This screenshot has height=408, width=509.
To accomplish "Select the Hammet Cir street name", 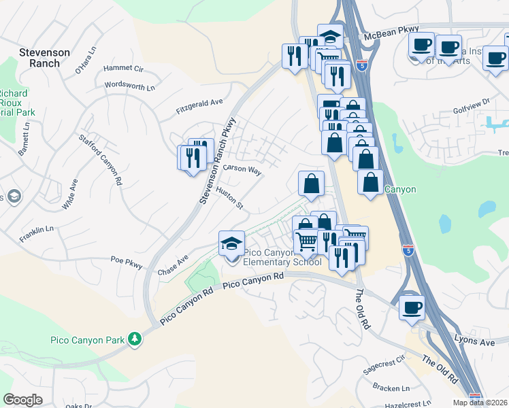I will tap(123, 69).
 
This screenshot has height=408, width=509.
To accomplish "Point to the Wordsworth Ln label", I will tap(130, 86).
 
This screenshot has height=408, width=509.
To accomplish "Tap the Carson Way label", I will tap(243, 169).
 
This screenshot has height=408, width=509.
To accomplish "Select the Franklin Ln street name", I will tap(37, 231).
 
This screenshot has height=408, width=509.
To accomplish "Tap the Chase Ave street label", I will tap(172, 265).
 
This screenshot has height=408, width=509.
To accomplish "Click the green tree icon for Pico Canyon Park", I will tap(135, 338).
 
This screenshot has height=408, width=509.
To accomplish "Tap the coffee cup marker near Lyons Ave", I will tap(412, 307).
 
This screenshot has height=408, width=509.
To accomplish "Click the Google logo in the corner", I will tap(22, 400).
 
